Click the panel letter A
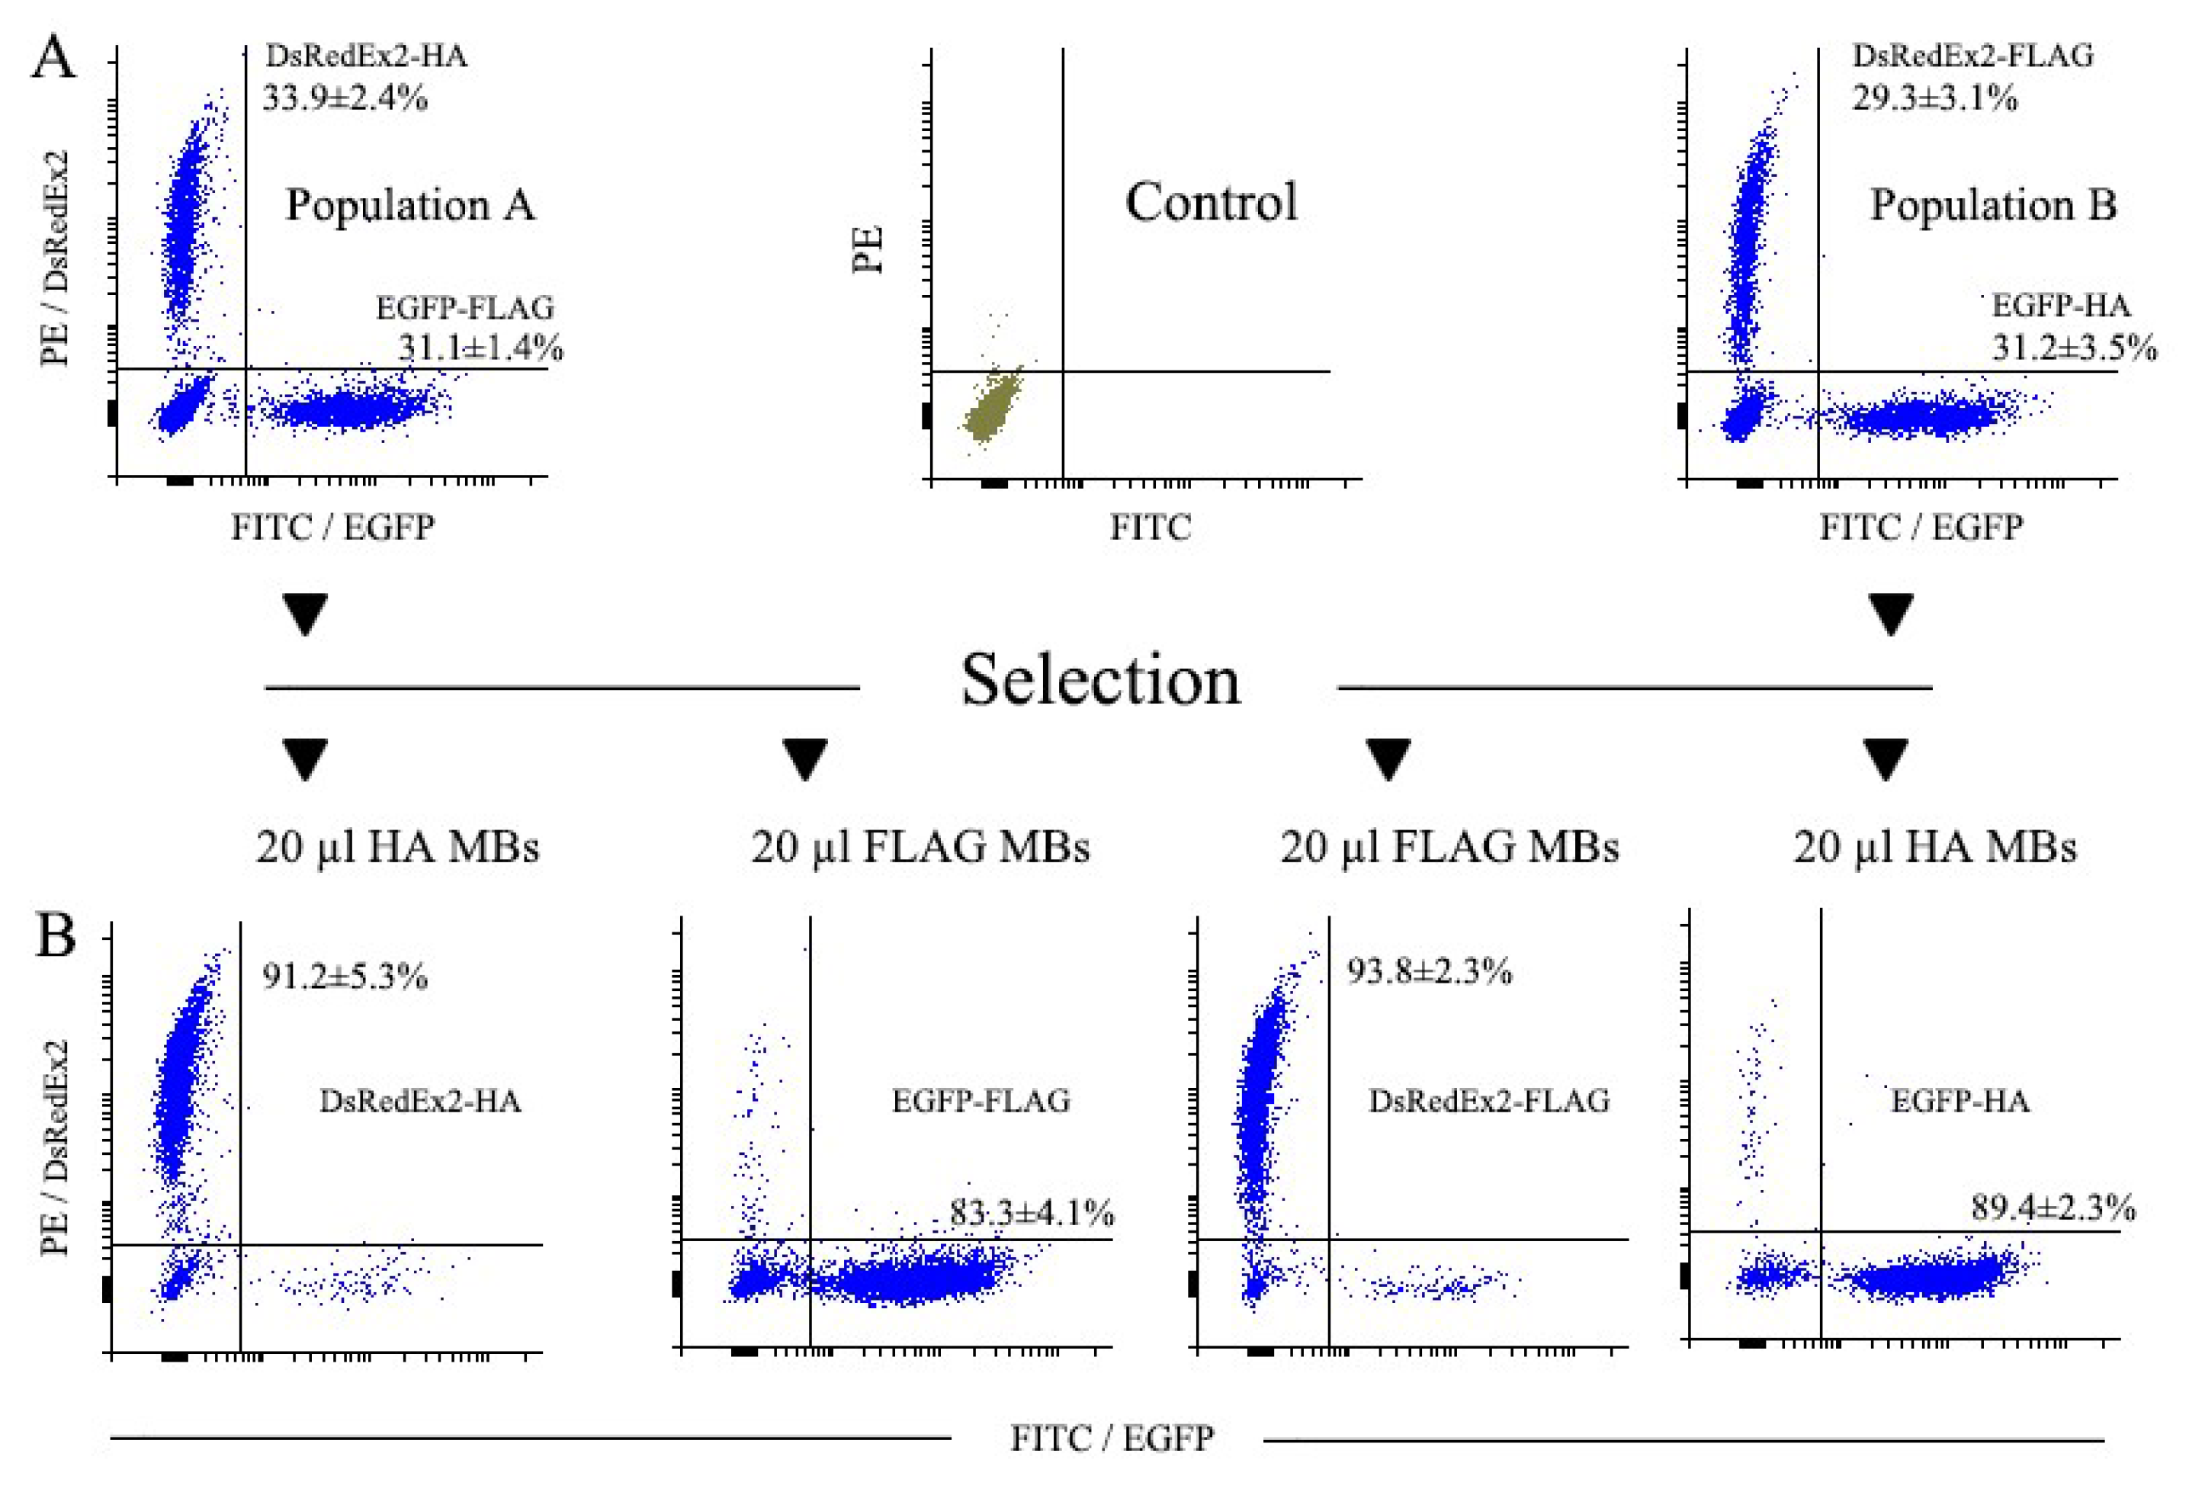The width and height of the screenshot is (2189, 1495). point(53,59)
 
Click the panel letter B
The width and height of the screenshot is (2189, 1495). point(55,937)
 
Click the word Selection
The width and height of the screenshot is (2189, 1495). point(1099,680)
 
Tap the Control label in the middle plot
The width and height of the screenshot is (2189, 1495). point(1212,203)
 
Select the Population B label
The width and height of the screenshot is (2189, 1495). point(1993,204)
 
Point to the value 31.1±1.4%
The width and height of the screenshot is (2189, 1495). point(480,348)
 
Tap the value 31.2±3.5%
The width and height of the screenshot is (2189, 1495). point(2074,348)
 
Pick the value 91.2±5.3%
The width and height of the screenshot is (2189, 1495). point(345,977)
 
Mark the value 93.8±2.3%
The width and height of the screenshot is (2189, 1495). point(1429,971)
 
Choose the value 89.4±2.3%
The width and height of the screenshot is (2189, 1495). point(2053,1208)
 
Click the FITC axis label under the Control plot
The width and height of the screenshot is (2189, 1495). point(1149,528)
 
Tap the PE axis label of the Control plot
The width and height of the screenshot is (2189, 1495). point(868,249)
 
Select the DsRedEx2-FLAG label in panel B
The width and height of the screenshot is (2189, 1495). point(1488,1100)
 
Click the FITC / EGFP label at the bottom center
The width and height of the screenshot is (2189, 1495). point(1112,1439)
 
